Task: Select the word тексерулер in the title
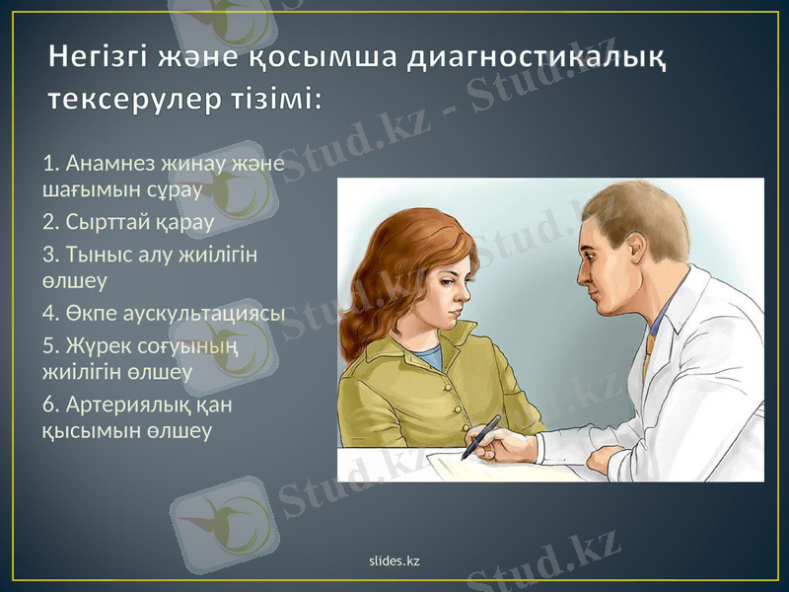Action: (140, 100)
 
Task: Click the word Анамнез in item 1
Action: (107, 162)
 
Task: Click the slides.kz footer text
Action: (394, 560)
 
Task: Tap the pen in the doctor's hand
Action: (480, 436)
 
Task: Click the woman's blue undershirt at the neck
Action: (427, 356)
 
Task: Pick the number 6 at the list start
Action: (49, 405)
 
